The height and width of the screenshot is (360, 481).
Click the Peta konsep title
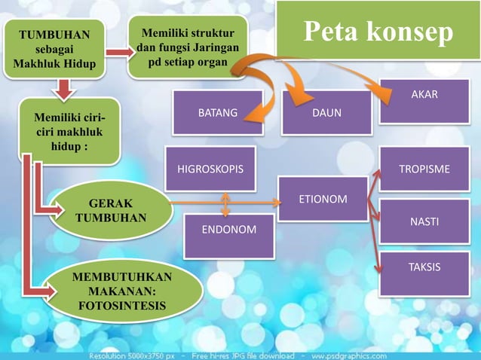pos(378,32)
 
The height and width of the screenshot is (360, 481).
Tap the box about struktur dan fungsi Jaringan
pos(188,47)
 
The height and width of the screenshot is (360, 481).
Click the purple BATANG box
pos(217,113)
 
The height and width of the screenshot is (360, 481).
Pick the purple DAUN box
pos(326,113)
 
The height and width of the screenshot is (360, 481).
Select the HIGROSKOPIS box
pos(210,169)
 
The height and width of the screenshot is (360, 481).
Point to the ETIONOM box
pos(323,199)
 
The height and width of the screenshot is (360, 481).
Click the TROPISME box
pos(424,169)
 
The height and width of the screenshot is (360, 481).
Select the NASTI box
pos(424,221)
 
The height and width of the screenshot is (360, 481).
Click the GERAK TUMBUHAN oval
pos(110,211)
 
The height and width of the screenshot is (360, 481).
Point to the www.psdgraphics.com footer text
pos(348,355)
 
